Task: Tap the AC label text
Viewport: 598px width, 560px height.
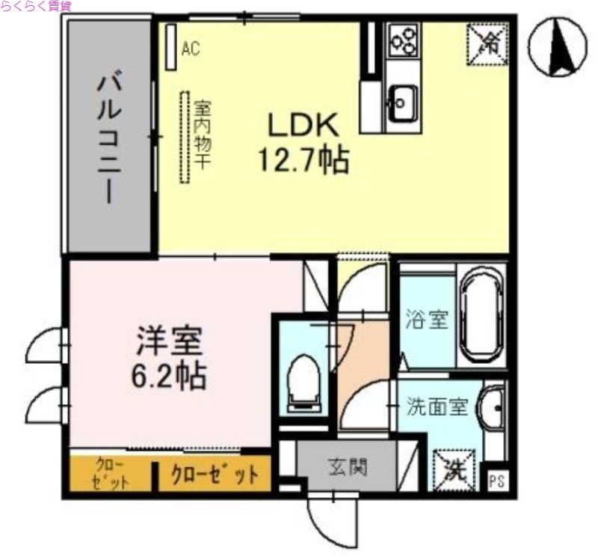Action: pyautogui.click(x=191, y=49)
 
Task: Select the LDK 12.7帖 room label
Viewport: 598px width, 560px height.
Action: pyautogui.click(x=303, y=142)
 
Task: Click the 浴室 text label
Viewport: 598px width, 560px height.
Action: pyautogui.click(x=427, y=320)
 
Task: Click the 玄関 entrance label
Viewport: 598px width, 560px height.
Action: pyautogui.click(x=348, y=468)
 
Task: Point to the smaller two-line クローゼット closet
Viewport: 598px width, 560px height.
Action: pyautogui.click(x=111, y=474)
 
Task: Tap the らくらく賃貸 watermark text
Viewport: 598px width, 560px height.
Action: pyautogui.click(x=36, y=6)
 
